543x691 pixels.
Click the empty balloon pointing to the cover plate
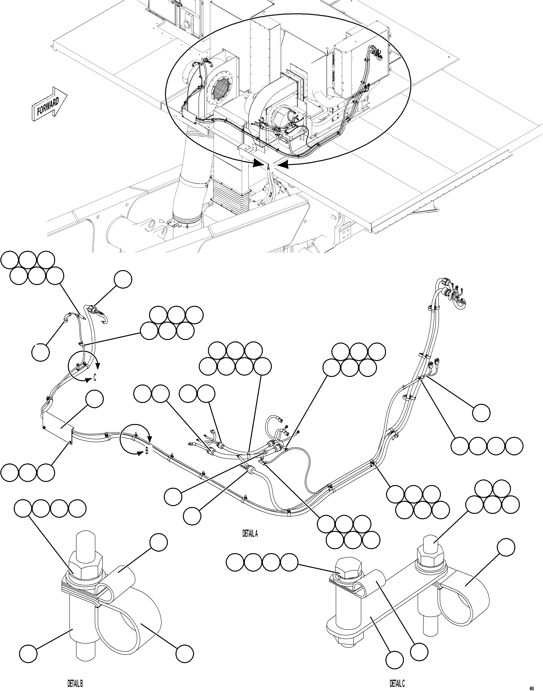coord(94,399)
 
